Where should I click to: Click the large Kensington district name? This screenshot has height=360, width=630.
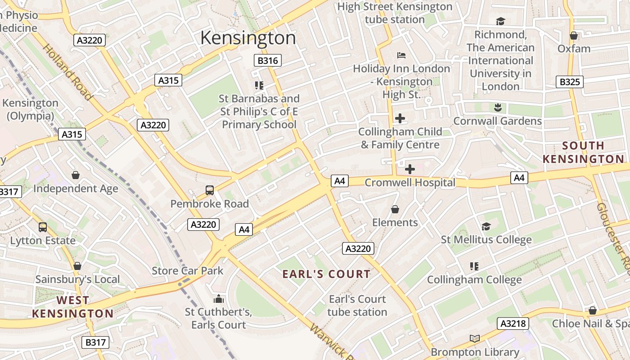[248, 38]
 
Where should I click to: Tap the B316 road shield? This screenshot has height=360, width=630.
[267, 60]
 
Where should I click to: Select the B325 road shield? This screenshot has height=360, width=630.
[570, 82]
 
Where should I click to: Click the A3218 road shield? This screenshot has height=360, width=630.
[513, 324]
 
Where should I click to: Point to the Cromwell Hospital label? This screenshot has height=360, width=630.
[409, 183]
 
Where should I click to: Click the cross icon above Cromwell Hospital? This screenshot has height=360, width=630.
[409, 169]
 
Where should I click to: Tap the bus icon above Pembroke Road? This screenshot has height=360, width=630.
[210, 190]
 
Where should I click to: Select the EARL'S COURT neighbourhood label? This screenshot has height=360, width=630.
[326, 274]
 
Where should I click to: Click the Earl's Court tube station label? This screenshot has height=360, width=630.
[357, 306]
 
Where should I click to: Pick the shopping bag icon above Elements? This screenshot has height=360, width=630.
[395, 209]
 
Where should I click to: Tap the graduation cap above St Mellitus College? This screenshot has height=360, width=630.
[486, 226]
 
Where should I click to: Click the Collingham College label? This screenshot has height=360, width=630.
[474, 279]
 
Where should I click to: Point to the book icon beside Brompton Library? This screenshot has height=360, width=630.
[475, 338]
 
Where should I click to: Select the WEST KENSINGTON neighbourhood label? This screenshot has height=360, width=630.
[73, 307]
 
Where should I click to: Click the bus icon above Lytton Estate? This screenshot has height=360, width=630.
[43, 227]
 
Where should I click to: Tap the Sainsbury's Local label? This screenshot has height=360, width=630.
[77, 279]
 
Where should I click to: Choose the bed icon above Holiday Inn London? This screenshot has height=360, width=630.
[401, 55]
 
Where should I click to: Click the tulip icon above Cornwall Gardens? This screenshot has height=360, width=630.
[498, 108]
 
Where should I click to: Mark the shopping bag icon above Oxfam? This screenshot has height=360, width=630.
[574, 35]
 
